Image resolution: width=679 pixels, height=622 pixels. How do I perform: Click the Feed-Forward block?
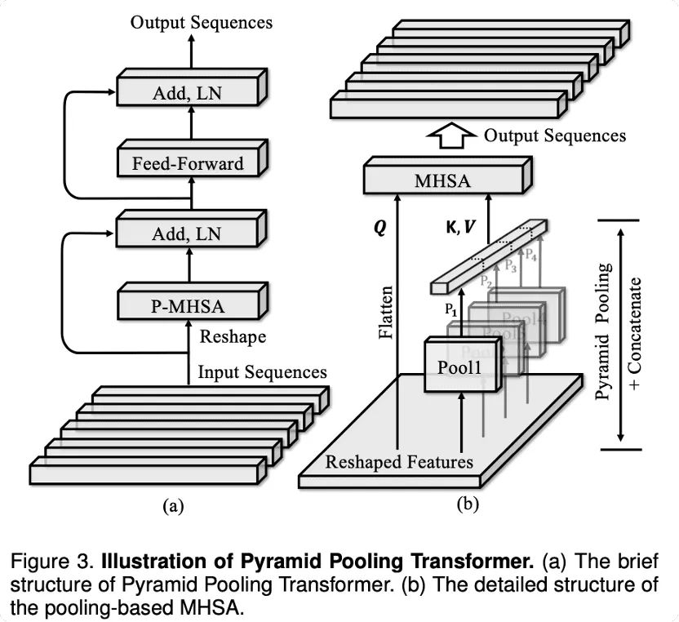[x=188, y=163]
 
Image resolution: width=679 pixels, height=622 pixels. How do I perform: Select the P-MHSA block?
[x=188, y=306]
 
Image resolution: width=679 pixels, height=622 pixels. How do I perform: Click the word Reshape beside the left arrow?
[x=233, y=336]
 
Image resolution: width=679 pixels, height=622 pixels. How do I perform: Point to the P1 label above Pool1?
[x=451, y=309]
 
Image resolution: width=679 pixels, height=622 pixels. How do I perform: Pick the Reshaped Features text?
[x=399, y=462]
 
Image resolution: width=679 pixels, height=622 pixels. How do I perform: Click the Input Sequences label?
[x=262, y=372]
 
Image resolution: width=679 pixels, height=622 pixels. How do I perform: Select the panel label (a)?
[x=172, y=506]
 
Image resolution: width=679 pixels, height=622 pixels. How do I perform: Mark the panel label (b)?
[x=467, y=504]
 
